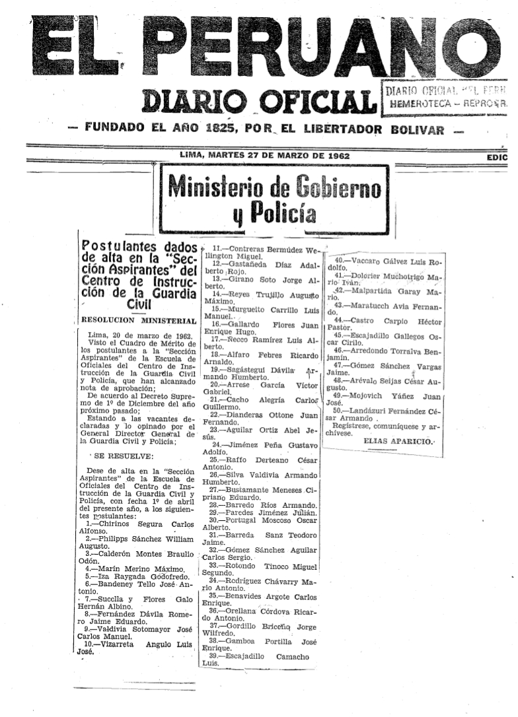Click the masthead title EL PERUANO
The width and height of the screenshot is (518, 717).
(x=258, y=46)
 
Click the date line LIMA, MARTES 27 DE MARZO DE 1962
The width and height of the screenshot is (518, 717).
(x=265, y=156)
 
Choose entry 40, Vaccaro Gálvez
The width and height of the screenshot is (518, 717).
(x=383, y=261)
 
